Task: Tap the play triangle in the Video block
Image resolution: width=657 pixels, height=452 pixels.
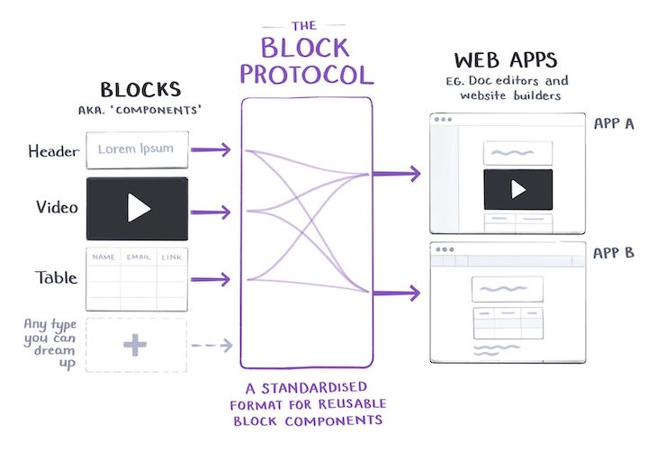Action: pyautogui.click(x=137, y=209)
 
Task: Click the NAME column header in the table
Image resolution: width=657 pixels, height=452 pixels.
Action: pyautogui.click(x=103, y=258)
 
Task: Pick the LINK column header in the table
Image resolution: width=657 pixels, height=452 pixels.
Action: pyautogui.click(x=171, y=258)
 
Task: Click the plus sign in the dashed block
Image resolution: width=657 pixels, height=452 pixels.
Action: pyautogui.click(x=136, y=345)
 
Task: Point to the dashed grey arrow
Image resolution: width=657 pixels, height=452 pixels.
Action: pyautogui.click(x=212, y=345)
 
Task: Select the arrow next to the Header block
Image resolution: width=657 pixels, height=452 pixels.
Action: pyautogui.click(x=212, y=149)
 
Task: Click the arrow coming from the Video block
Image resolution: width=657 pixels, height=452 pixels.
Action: pyautogui.click(x=212, y=213)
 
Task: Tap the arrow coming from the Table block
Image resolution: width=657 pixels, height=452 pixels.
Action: pyautogui.click(x=212, y=279)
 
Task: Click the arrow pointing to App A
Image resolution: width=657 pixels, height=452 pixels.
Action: pyautogui.click(x=396, y=173)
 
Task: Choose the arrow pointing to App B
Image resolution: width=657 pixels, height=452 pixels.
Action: pyautogui.click(x=396, y=293)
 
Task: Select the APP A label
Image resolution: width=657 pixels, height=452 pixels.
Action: pyautogui.click(x=614, y=123)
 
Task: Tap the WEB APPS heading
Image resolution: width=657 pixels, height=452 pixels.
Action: pyautogui.click(x=505, y=61)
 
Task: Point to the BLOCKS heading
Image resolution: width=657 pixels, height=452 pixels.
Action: pyautogui.click(x=139, y=90)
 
